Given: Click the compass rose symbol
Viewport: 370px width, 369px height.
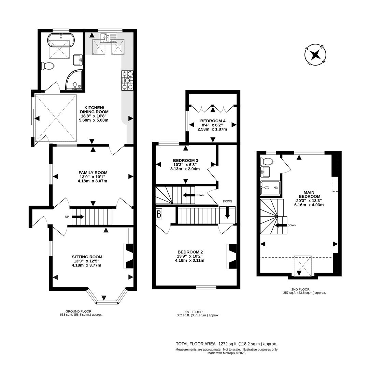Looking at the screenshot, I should (x=315, y=55).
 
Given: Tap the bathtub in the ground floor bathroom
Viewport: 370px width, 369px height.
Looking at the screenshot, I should (x=61, y=41).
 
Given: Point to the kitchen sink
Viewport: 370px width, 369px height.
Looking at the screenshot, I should (x=108, y=37).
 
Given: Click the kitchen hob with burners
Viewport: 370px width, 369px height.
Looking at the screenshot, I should (x=127, y=81).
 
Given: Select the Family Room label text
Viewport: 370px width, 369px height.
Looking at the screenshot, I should (x=93, y=173).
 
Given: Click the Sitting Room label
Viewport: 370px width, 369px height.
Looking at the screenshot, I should (x=87, y=257).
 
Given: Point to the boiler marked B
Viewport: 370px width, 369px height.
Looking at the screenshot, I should (x=159, y=214).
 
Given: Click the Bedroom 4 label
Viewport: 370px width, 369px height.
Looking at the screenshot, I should (x=213, y=121).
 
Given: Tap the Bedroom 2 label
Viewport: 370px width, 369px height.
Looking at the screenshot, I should (x=190, y=252).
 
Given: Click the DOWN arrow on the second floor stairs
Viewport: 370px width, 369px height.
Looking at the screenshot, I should (x=281, y=225).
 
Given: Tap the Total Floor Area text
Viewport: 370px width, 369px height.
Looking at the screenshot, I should (x=226, y=344).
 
